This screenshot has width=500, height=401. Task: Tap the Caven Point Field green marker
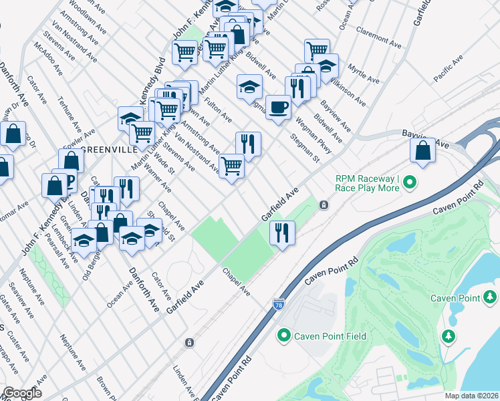284,336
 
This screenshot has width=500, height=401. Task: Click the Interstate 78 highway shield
278,305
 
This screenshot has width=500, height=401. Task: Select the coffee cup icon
278,106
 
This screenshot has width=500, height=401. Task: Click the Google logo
21,393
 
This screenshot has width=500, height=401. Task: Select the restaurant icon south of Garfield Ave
282,232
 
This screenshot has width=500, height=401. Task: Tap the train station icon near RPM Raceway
324,205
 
